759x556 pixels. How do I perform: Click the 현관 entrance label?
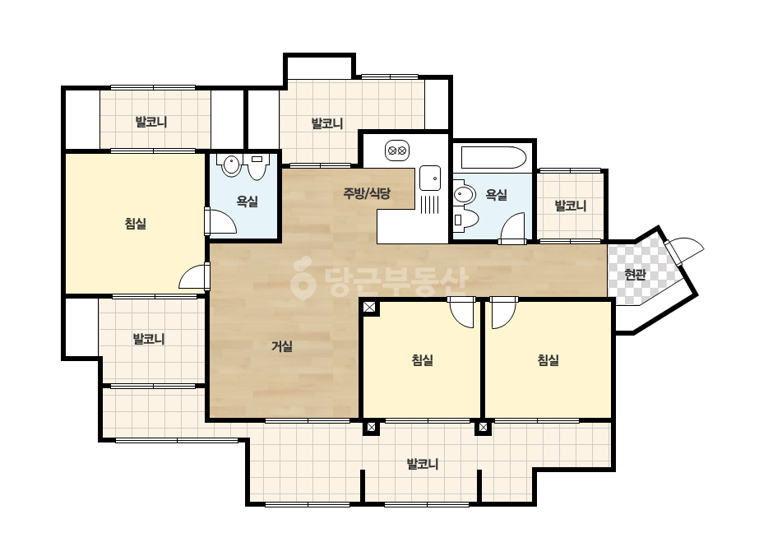[635, 275]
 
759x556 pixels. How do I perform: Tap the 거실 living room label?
[282, 346]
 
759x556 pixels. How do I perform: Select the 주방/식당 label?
[367, 194]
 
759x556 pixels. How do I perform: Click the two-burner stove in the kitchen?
[397, 151]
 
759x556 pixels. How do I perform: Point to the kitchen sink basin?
[430, 178]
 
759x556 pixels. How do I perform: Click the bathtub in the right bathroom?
[493, 156]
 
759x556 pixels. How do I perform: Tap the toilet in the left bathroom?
[257, 167]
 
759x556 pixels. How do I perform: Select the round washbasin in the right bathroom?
[464, 194]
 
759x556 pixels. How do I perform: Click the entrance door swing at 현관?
[683, 249]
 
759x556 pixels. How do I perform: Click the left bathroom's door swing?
[220, 222]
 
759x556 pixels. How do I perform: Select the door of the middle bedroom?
[461, 312]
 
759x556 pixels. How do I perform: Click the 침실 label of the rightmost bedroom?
[548, 360]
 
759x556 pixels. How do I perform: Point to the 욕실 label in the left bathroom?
[247, 201]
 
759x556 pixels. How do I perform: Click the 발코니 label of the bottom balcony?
[423, 464]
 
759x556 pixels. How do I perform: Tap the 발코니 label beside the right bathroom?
[570, 206]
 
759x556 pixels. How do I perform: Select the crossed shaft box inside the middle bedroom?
[369, 307]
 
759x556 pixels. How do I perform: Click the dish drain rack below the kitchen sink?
[430, 204]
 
